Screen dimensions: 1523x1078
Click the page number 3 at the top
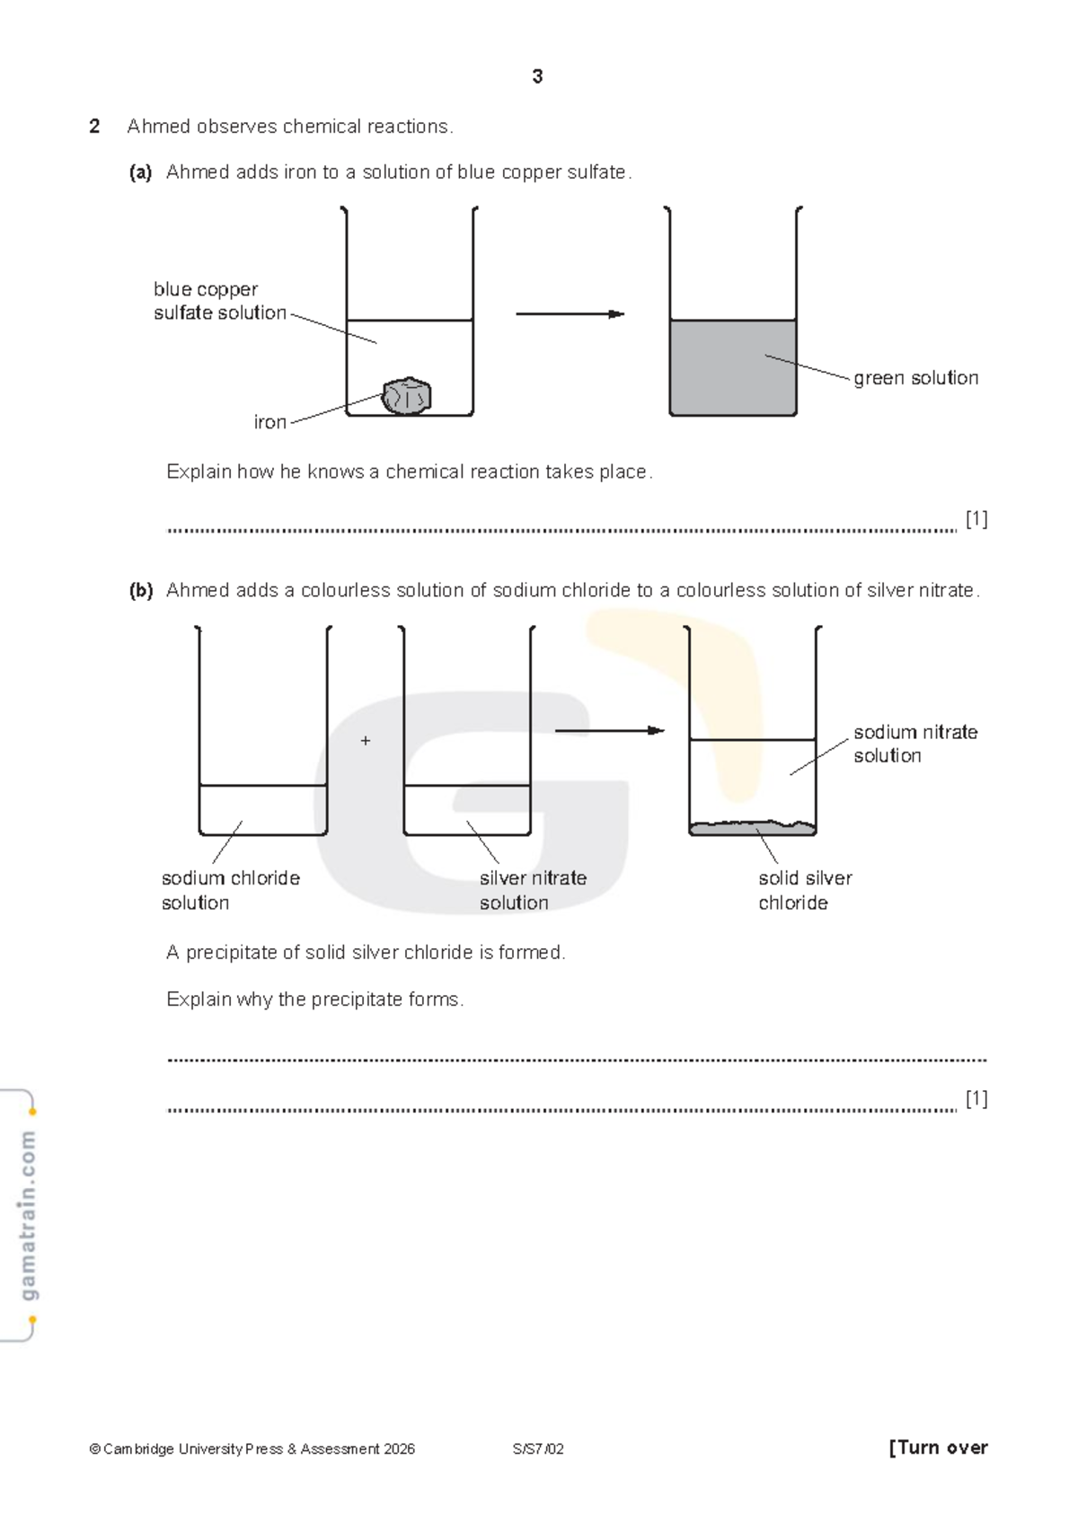537,77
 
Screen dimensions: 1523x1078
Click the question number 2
94,127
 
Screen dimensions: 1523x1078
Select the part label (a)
140,172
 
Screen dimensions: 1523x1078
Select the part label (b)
141,591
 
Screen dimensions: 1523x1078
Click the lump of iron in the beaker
407,396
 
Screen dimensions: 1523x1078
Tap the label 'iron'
269,422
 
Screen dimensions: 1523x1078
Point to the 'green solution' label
915,378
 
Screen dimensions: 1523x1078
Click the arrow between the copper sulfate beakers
570,314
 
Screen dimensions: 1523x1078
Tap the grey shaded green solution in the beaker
732,368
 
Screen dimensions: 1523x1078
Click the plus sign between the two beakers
366,741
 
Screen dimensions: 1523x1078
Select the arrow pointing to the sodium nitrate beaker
609,731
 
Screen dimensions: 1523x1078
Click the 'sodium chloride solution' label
230,890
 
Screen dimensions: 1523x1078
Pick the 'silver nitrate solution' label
532,890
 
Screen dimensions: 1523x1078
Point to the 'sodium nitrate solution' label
915,744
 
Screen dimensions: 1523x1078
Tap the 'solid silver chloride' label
804,890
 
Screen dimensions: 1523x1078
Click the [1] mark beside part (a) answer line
976,519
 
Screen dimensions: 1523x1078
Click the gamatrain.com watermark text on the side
28,1215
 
